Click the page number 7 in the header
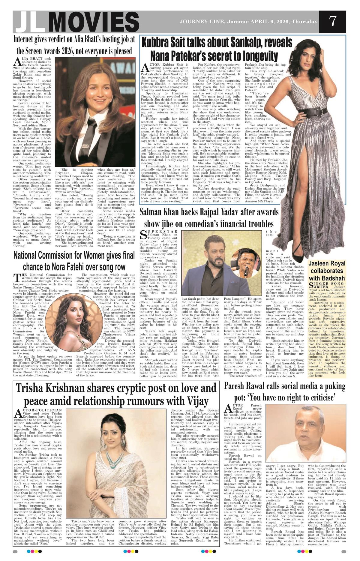point(332,21)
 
